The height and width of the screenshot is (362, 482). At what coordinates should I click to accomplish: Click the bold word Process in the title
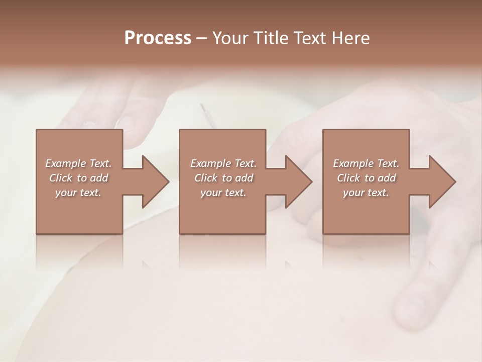pyautogui.click(x=158, y=38)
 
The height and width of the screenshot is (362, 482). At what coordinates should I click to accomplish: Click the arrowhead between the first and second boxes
pyautogui.click(x=155, y=182)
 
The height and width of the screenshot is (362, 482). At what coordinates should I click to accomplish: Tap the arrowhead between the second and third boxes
pyautogui.click(x=299, y=182)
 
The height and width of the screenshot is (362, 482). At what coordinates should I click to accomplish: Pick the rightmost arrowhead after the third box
pyautogui.click(x=442, y=182)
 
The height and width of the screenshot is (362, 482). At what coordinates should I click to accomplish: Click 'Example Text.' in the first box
pyautogui.click(x=79, y=163)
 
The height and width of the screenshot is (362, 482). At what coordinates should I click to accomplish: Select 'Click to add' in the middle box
pyautogui.click(x=223, y=178)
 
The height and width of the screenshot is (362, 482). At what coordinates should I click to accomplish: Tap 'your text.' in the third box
pyautogui.click(x=366, y=193)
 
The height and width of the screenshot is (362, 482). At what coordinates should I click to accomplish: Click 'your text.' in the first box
pyautogui.click(x=78, y=193)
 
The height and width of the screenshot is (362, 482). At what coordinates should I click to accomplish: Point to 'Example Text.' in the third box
pyautogui.click(x=366, y=163)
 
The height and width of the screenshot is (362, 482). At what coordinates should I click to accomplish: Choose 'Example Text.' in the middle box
pyautogui.click(x=223, y=163)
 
